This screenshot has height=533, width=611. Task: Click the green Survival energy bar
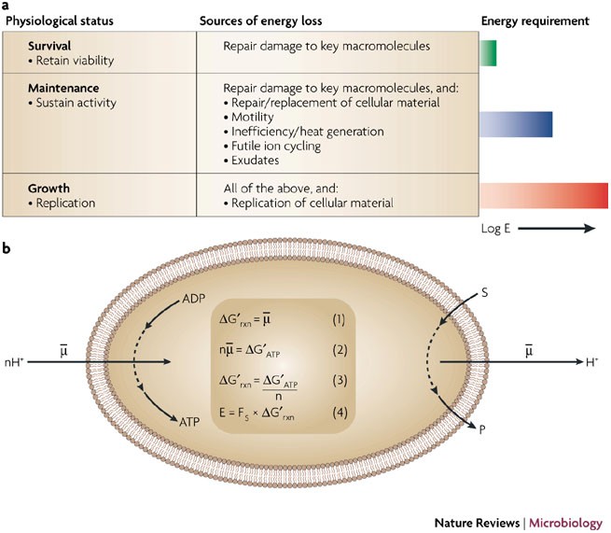(488, 53)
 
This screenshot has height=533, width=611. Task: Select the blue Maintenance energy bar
(516, 124)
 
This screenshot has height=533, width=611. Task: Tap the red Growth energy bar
(543, 194)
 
